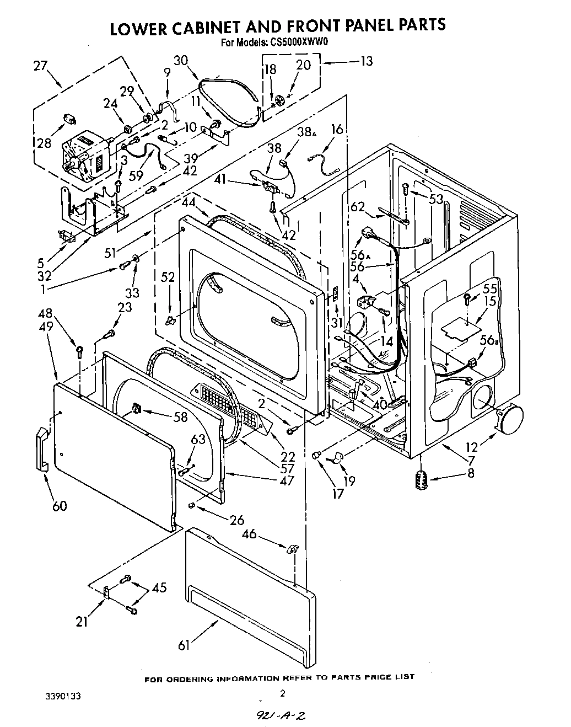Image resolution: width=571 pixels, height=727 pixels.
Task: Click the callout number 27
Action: (40, 66)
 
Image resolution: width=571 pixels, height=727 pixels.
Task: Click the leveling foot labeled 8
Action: (422, 478)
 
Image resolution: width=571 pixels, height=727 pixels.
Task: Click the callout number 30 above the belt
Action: (181, 60)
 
